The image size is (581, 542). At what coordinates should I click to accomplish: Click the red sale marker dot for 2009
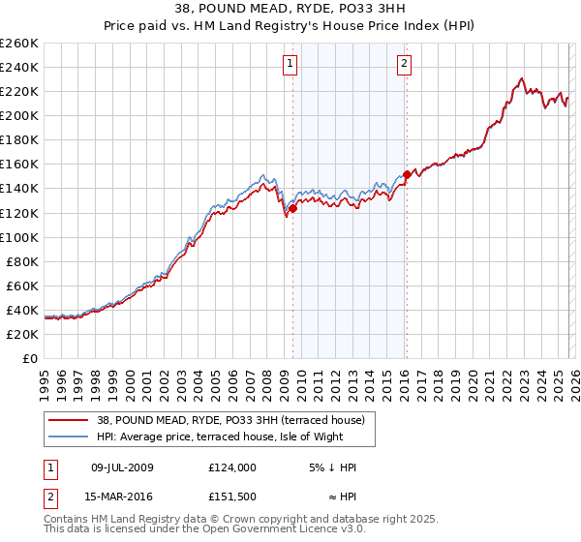click(292, 208)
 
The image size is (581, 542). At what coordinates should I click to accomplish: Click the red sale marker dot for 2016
click(407, 175)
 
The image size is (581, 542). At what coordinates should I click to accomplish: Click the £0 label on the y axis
click(30, 358)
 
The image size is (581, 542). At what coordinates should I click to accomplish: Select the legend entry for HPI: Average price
click(220, 437)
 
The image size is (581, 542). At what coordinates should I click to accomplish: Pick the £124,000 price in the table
click(231, 467)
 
